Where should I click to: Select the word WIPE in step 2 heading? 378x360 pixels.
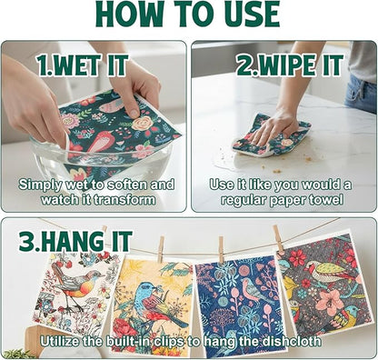[x=283, y=65]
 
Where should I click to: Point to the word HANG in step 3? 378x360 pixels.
[x=72, y=241]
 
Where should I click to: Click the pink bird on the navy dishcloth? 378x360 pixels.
[x=253, y=290]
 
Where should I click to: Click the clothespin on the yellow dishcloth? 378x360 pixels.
[x=161, y=249]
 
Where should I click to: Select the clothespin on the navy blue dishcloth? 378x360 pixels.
[x=222, y=249]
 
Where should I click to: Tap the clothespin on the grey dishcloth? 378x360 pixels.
[x=278, y=238]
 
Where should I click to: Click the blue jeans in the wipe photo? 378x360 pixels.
[x=361, y=94]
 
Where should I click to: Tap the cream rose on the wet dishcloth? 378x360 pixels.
[x=142, y=123]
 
